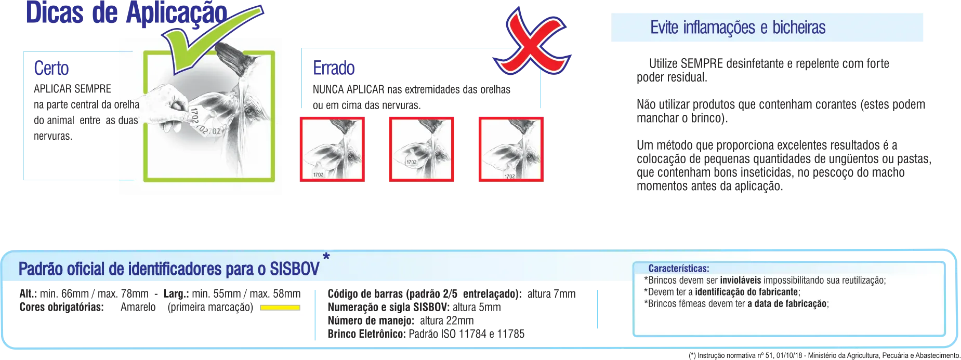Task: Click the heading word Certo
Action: click(51, 68)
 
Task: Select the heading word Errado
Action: click(334, 68)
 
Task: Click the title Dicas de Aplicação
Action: click(126, 13)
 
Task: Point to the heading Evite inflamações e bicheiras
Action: click(738, 27)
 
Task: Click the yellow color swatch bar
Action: click(280, 308)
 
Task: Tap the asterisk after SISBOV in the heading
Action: click(326, 257)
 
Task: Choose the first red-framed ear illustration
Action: click(332, 149)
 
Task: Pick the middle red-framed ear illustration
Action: click(422, 149)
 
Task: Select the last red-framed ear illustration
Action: click(511, 149)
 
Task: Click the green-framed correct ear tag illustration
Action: click(209, 116)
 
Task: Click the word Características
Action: click(679, 269)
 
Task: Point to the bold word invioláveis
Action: click(741, 281)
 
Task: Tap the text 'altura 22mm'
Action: click(447, 321)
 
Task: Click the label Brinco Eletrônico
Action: click(367, 334)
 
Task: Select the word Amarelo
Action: click(138, 307)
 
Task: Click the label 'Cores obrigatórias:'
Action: click(62, 307)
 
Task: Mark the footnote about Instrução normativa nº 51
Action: click(824, 355)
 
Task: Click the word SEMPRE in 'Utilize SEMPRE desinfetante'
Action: click(702, 63)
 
